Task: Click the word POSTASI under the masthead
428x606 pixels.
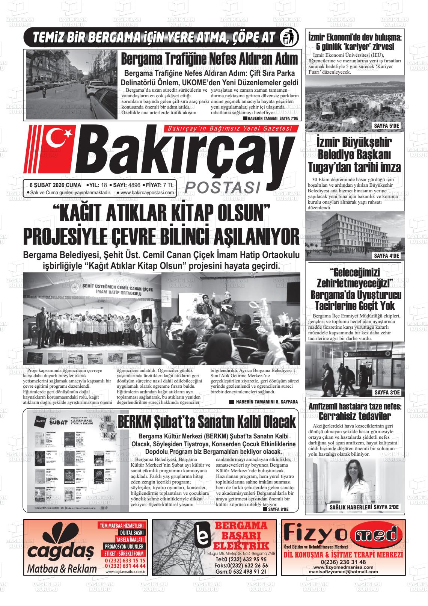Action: click(x=223, y=187)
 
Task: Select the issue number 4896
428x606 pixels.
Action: click(x=134, y=185)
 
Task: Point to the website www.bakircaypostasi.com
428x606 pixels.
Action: click(x=147, y=193)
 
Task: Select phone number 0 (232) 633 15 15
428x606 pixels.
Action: click(x=125, y=560)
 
